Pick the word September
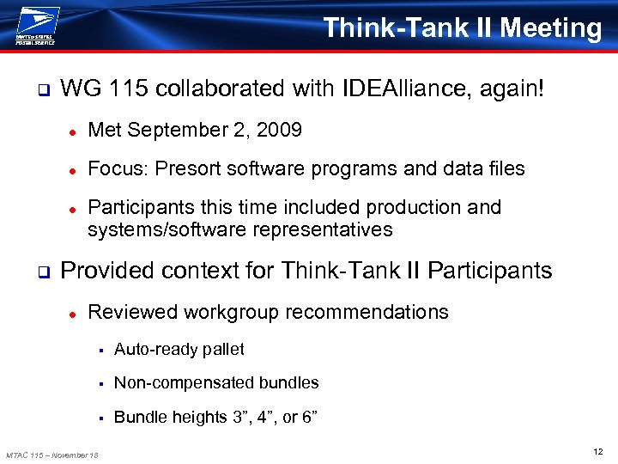(x=178, y=131)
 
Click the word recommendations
(x=364, y=312)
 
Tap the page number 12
(x=597, y=451)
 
